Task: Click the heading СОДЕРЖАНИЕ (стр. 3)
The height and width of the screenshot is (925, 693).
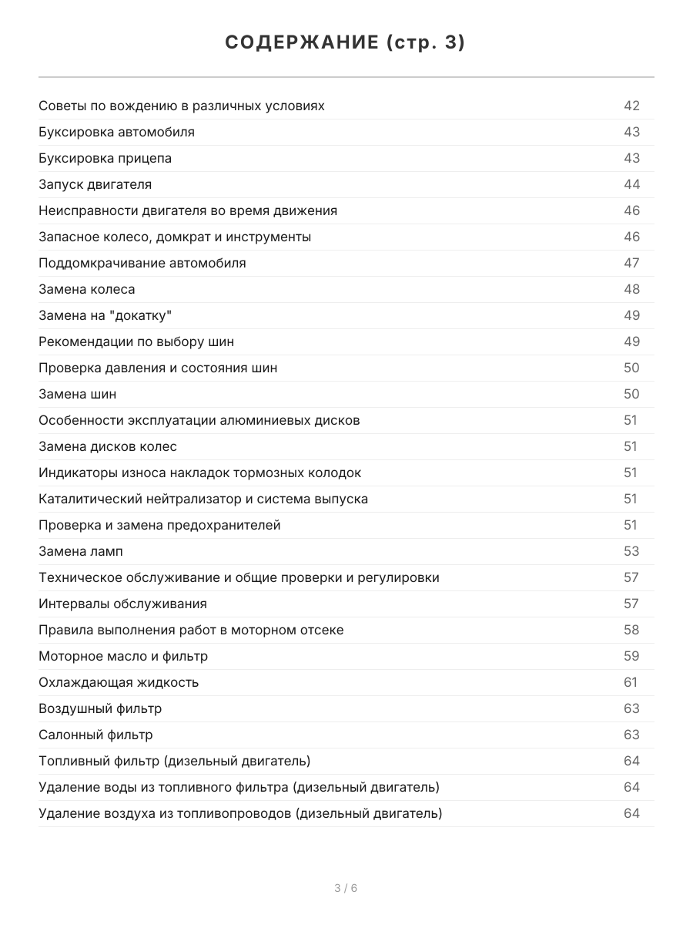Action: (x=346, y=43)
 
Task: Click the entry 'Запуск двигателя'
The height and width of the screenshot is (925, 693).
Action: (x=95, y=184)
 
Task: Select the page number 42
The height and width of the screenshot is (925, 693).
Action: (x=631, y=106)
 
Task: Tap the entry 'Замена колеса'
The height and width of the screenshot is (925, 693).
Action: (x=87, y=289)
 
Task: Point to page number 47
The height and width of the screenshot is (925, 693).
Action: (x=631, y=263)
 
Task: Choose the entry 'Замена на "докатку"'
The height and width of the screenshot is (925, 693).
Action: (x=105, y=315)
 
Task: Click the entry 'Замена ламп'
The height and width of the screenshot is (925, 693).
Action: (x=81, y=551)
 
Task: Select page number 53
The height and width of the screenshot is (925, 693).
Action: (x=631, y=551)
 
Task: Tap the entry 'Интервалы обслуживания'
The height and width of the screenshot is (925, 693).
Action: (x=122, y=604)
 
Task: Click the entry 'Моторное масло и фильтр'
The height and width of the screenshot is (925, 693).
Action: (x=123, y=656)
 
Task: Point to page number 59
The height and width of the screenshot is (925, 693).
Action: (x=631, y=656)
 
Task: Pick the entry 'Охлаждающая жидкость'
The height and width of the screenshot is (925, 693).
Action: (x=119, y=682)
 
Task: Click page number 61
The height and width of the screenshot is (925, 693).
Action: (x=631, y=682)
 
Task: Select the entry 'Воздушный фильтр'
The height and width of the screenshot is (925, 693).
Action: (x=100, y=708)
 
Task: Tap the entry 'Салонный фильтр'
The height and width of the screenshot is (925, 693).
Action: (x=95, y=735)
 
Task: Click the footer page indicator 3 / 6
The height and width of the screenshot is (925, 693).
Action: (x=346, y=888)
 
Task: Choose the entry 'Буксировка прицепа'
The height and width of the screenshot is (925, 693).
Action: (x=105, y=158)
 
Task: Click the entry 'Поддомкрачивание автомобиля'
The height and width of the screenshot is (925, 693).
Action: (x=142, y=263)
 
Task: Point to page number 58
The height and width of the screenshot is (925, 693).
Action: (x=631, y=630)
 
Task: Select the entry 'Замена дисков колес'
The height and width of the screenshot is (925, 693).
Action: (x=108, y=446)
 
